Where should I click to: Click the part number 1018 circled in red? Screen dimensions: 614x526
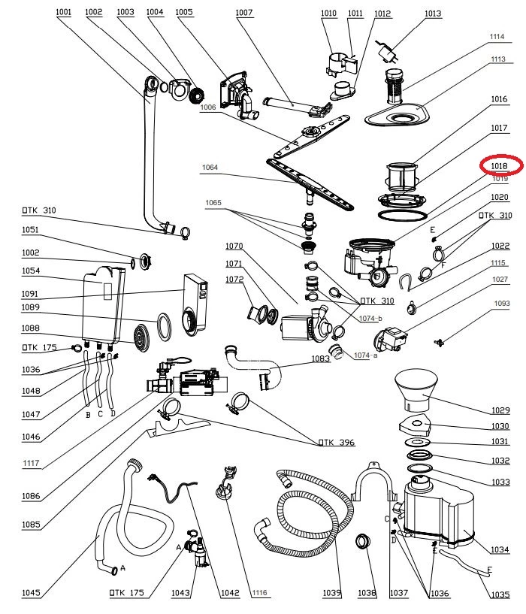coord(500,166)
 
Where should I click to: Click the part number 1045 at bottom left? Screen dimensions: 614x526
coord(31,593)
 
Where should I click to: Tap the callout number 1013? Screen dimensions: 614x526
coord(433,14)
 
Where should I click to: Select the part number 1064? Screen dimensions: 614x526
coord(210,168)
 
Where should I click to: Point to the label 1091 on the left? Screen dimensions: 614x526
coord(31,293)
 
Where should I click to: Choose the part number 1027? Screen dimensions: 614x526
coord(500,279)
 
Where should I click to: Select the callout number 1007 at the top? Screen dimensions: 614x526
coord(244,13)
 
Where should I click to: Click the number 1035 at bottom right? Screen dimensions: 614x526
coord(500,593)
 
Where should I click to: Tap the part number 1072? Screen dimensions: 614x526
coord(235,279)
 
